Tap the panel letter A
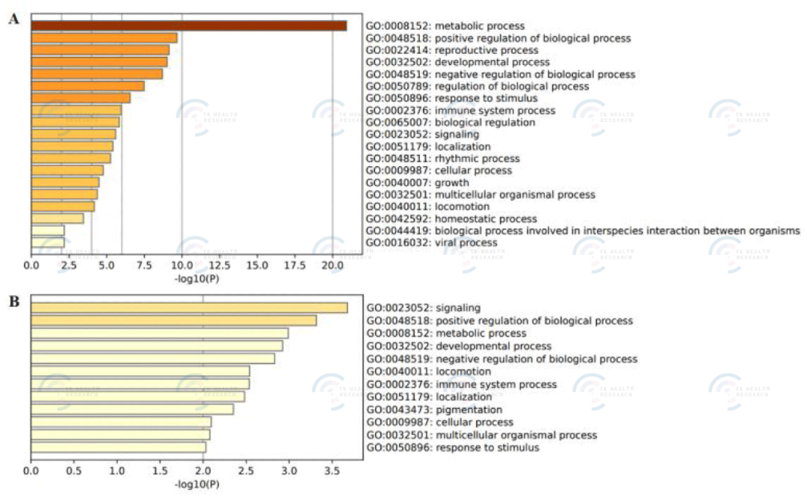(x=13, y=19)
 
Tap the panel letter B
(x=13, y=302)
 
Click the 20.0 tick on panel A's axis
(x=333, y=265)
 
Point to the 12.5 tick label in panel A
(x=220, y=265)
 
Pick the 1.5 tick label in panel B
(x=160, y=473)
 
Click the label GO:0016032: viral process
(x=431, y=243)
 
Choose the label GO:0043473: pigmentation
(x=434, y=410)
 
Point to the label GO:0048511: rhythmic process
(x=442, y=159)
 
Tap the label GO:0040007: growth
(x=417, y=182)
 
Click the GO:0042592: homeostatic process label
(x=451, y=219)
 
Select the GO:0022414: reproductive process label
(x=451, y=50)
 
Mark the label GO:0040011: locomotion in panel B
(x=428, y=372)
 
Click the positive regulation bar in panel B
(x=173, y=321)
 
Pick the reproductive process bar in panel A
(x=100, y=50)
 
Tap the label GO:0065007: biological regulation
(x=450, y=123)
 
